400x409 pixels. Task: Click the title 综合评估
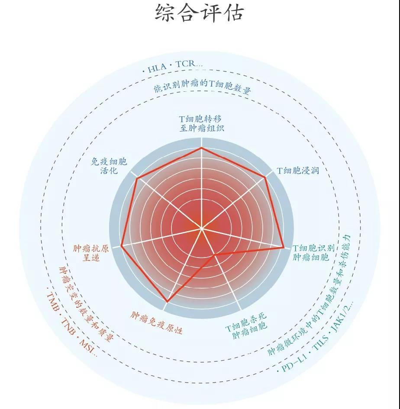click(x=200, y=12)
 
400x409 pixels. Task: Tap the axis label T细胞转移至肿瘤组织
click(x=201, y=124)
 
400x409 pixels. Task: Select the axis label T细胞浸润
click(x=298, y=171)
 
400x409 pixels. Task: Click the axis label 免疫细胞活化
click(x=109, y=166)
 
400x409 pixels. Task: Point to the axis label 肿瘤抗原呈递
click(x=91, y=253)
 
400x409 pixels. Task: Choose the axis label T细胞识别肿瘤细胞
click(x=313, y=252)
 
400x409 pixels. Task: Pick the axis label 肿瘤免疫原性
click(x=156, y=323)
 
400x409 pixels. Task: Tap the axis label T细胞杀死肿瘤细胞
click(x=247, y=325)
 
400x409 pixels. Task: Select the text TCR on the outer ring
click(x=186, y=64)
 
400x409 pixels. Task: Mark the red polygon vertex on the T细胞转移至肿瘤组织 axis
click(x=201, y=148)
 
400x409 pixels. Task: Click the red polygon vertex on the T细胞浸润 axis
click(x=265, y=177)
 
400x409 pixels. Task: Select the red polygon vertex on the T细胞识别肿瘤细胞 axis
click(x=284, y=247)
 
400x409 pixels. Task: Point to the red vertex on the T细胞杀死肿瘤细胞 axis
click(x=214, y=254)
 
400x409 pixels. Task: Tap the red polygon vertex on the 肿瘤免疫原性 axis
click(x=167, y=302)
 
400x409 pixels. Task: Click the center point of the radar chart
click(x=201, y=229)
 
